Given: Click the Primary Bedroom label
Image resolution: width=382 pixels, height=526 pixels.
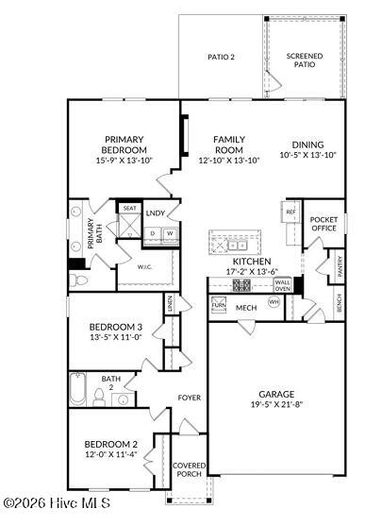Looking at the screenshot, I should pos(125,144).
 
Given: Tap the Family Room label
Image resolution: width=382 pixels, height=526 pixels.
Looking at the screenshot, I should pos(228,144).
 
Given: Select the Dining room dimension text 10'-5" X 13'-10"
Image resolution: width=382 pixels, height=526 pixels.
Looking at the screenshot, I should pos(308,155).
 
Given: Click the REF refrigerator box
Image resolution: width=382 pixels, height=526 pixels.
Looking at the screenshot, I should pos(291,212).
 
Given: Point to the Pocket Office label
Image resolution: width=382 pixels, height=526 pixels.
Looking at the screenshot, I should pos(324,223).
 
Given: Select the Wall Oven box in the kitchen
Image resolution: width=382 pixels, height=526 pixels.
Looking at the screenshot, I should pos(282,284).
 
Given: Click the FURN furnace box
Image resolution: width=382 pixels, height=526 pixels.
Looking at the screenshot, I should pos(218,305).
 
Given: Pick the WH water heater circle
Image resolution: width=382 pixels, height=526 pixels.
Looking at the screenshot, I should pos(274,302).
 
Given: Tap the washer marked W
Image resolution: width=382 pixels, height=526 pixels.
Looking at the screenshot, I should pos(170,233).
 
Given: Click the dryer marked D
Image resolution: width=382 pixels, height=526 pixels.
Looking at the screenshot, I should pos(152,233).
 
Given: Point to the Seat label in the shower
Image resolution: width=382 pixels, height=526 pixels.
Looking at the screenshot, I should pos(128,208).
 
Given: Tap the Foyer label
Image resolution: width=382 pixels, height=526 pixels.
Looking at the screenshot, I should pos(190,398).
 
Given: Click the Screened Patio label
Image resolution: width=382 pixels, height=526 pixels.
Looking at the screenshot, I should pos(305,60).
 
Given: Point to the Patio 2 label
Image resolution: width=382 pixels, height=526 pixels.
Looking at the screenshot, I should pos(221,57).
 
